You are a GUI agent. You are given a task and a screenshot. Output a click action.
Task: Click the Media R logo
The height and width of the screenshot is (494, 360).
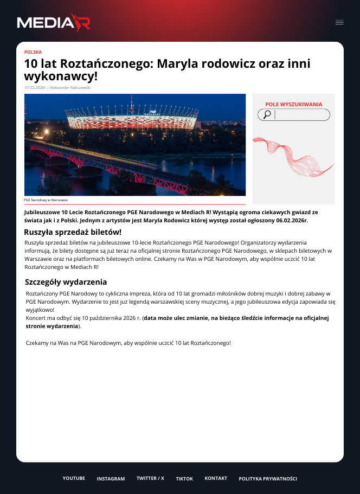(53, 22)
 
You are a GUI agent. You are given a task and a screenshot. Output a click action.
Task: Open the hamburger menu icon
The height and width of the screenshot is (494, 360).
(339, 22)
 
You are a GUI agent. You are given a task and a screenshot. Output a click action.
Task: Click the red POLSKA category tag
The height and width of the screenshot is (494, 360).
(33, 52)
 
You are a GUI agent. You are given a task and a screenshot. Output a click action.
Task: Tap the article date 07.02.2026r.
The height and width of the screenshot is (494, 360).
(36, 87)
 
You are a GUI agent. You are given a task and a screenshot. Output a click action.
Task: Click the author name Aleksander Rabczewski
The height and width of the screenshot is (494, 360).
(70, 87)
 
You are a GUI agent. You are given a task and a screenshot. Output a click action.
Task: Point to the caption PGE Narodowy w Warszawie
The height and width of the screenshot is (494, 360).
(46, 200)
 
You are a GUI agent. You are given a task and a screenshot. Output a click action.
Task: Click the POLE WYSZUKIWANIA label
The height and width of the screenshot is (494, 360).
(293, 104)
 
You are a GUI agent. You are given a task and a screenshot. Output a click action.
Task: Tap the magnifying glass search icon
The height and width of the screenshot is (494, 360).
(267, 114)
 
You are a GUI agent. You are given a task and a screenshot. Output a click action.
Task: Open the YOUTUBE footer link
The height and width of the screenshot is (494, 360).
(74, 478)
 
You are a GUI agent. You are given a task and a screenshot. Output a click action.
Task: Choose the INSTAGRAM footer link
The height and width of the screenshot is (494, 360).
(111, 479)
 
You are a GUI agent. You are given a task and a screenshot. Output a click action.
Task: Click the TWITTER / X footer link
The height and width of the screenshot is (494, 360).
(150, 478)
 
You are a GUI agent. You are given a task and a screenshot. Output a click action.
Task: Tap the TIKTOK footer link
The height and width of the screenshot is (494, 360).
(184, 479)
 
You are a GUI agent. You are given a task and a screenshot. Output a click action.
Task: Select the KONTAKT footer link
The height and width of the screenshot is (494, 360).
(216, 478)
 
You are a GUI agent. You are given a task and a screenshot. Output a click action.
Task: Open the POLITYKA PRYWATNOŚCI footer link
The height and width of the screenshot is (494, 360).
(268, 479)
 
